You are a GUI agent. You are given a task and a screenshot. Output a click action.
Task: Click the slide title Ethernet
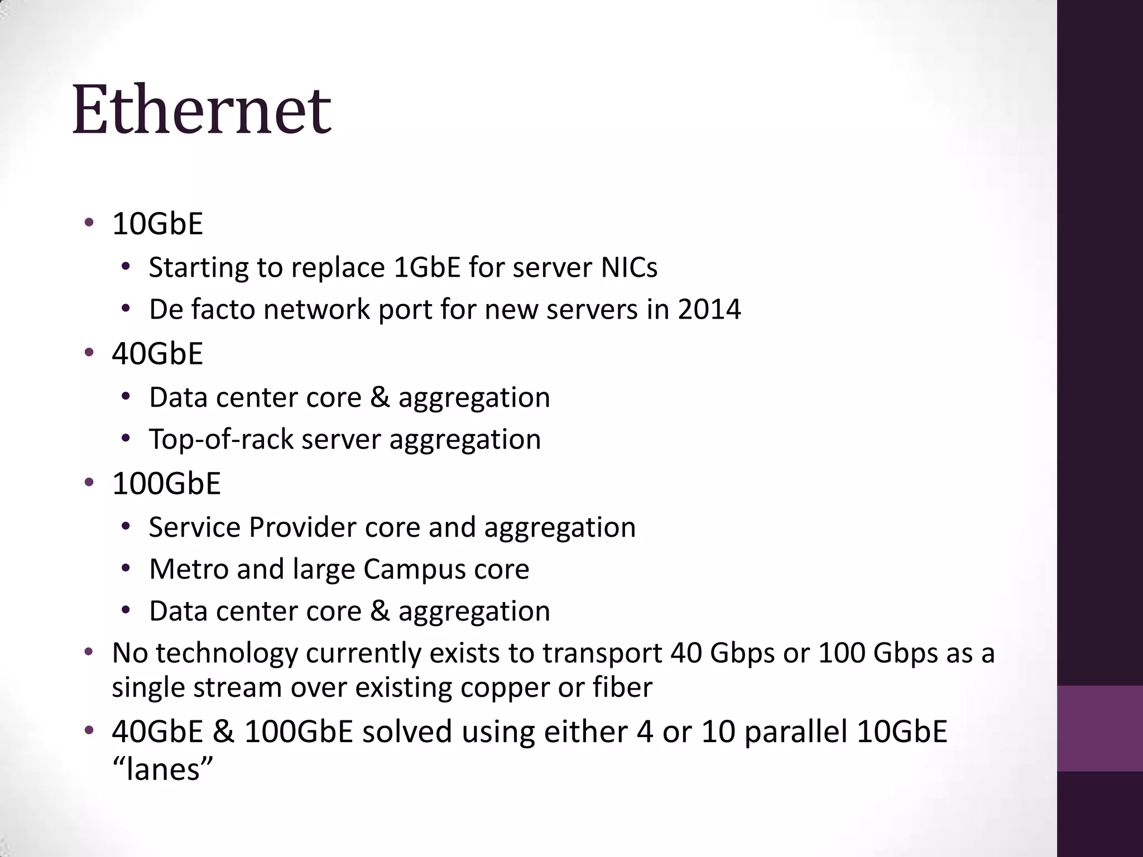[x=201, y=109]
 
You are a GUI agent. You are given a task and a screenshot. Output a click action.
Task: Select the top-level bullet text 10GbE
[x=157, y=224]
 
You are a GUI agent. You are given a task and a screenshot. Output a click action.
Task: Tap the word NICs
[x=629, y=267]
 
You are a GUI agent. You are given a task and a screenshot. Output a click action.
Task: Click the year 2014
[x=709, y=309]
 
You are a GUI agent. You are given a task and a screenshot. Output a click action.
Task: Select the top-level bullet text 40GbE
[x=157, y=354]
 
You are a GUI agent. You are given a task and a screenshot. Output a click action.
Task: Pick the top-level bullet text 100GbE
[x=166, y=483]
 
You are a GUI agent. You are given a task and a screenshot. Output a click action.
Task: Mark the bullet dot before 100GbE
[x=89, y=483]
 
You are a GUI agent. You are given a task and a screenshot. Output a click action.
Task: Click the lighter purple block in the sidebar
[x=1099, y=728]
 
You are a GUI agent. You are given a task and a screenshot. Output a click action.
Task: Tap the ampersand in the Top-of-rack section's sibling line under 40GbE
[x=380, y=397]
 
